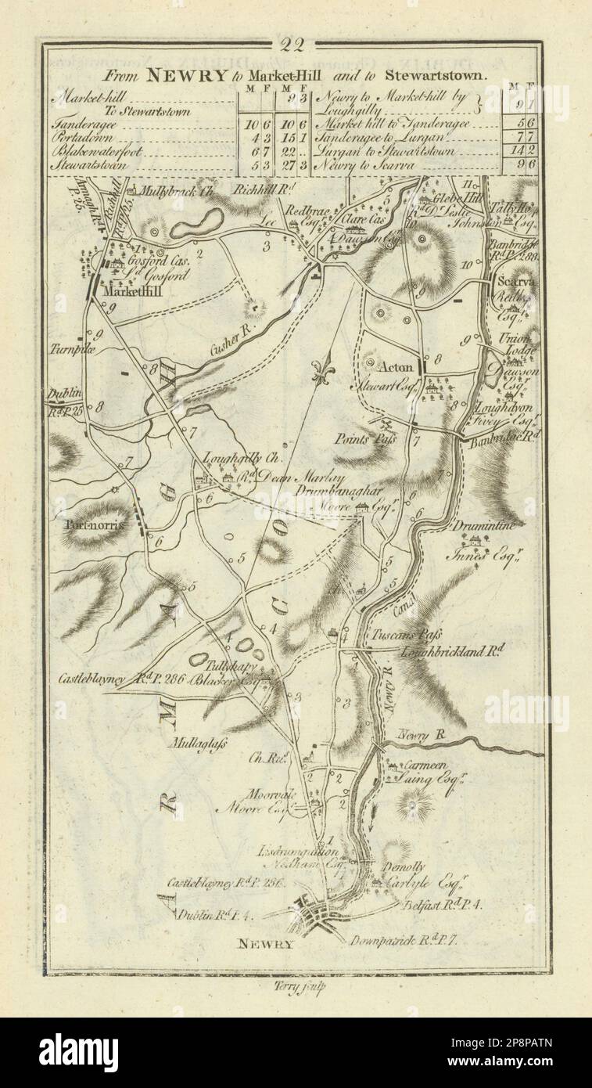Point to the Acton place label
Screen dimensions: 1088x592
click(x=395, y=365)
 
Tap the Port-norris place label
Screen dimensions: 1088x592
click(x=95, y=526)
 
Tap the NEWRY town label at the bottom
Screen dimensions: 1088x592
click(x=266, y=944)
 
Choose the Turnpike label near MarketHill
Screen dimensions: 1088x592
click(x=71, y=351)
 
